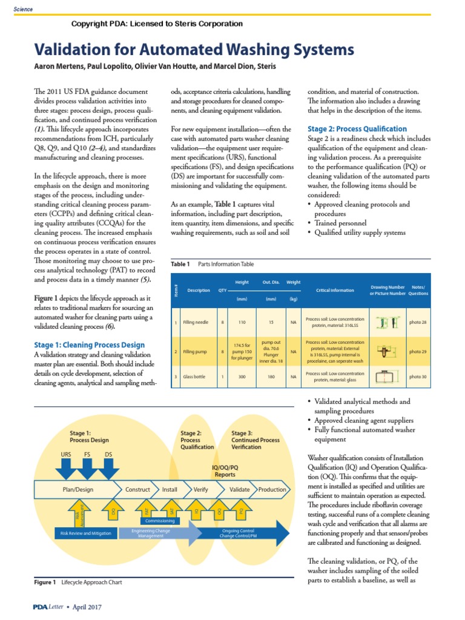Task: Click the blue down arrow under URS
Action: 66,468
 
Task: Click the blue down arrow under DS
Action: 108,468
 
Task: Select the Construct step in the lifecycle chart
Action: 137,489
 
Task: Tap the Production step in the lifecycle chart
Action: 272,489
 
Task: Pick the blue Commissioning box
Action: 159,521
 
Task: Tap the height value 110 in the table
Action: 242,323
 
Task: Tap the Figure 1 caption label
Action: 45,582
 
